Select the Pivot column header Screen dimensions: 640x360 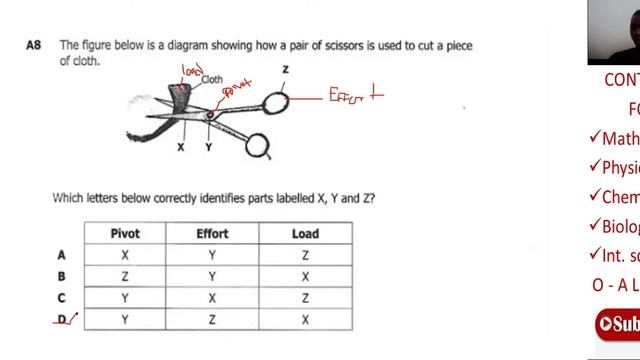point(124,234)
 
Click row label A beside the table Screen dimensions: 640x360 point(62,255)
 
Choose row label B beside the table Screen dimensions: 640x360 point(62,276)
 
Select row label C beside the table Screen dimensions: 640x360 point(62,297)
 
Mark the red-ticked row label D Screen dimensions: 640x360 point(62,319)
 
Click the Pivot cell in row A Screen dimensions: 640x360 point(124,255)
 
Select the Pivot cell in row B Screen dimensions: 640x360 point(124,276)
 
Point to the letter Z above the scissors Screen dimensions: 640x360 point(285,69)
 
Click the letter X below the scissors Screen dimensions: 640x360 point(180,147)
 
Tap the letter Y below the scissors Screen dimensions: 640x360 point(208,147)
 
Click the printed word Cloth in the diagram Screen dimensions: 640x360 point(212,79)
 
